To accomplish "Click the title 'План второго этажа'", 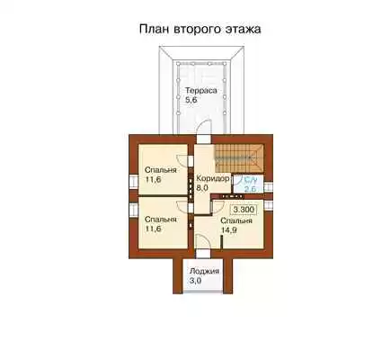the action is pos(200,30).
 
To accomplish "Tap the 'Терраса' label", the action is pos(200,90).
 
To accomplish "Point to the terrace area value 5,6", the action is pos(191,100).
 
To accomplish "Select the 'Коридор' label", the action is pos(213,178).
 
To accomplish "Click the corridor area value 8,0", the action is pos(202,189).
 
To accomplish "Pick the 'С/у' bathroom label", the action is pos(251,180).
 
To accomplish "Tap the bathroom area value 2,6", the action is pos(250,189).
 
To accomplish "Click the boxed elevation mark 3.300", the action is pos(244,210).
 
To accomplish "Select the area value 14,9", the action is pos(228,230).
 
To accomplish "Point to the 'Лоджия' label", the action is pos(204,271).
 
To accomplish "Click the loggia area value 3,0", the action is pos(195,281).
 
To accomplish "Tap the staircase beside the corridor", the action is pos(238,158).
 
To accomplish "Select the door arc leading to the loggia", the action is pos(204,239).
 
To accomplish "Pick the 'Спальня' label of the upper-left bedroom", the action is pos(161,170).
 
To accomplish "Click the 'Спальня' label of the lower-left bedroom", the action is pos(161,220).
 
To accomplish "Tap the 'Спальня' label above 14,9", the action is pos(236,221).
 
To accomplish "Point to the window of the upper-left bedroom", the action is pos(133,183).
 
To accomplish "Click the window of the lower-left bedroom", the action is pos(133,210).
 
